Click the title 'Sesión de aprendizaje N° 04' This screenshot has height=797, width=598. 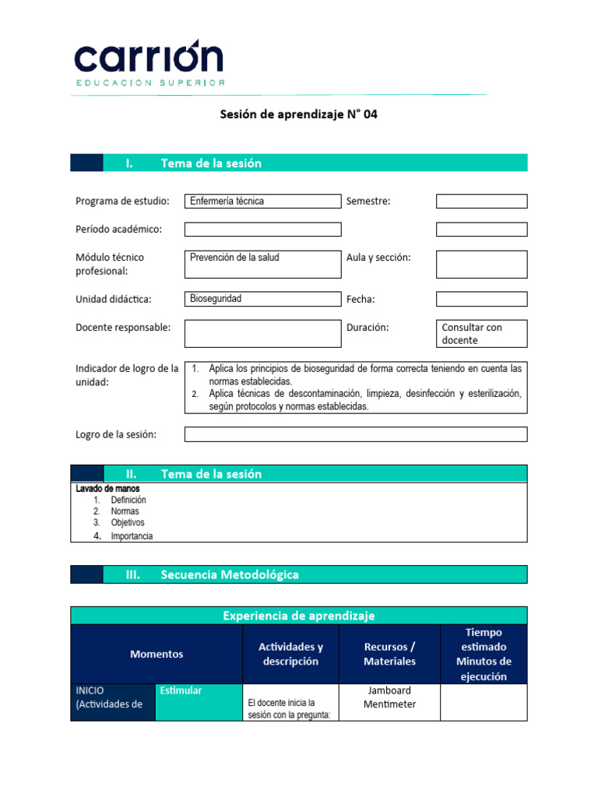click(x=298, y=114)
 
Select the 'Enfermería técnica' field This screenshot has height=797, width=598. click(x=262, y=201)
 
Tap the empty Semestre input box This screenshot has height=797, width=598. click(x=481, y=201)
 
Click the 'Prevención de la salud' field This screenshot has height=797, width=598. click(x=262, y=264)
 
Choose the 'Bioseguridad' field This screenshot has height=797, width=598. click(x=262, y=299)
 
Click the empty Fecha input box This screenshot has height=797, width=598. click(x=481, y=299)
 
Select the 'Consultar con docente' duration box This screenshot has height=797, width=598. click(x=481, y=333)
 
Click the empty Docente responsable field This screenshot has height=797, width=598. click(x=262, y=333)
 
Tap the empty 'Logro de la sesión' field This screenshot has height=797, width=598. click(x=355, y=434)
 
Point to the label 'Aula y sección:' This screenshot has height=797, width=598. click(x=378, y=258)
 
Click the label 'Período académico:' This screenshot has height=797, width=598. click(x=118, y=230)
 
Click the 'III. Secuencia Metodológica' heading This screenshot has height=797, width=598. click(x=229, y=574)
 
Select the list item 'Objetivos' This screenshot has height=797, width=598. click(x=128, y=523)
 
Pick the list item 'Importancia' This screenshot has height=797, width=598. click(x=132, y=536)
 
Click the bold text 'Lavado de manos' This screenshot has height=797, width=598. click(x=107, y=489)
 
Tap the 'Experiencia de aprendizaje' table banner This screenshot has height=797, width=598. click(x=298, y=616)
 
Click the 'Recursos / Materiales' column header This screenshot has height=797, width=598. click(x=389, y=655)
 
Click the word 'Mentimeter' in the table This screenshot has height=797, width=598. click(x=389, y=704)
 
